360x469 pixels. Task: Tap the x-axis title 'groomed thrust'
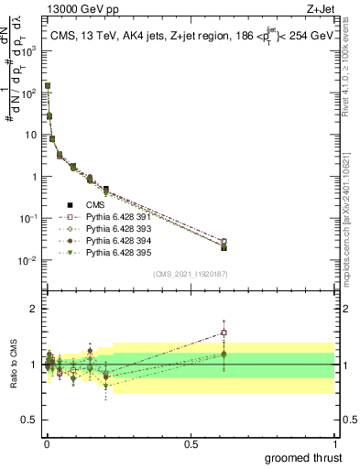pyautogui.click(x=305, y=456)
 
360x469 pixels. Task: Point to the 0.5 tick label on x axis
pyautogui.click(x=191, y=442)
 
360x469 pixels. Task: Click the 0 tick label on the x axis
pyautogui.click(x=46, y=442)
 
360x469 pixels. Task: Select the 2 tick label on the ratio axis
pyautogui.click(x=36, y=309)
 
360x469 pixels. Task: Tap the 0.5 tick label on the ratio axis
pyautogui.click(x=31, y=420)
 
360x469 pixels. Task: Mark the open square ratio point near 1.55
pyautogui.click(x=224, y=333)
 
